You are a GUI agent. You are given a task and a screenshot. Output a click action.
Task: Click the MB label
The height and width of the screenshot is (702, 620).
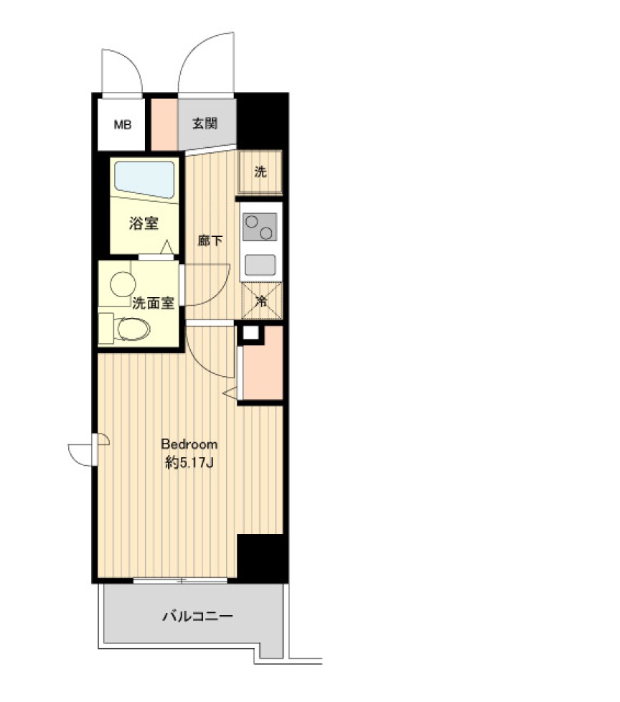pyautogui.click(x=122, y=124)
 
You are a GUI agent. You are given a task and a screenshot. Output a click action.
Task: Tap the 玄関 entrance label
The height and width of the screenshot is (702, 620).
pyautogui.click(x=205, y=123)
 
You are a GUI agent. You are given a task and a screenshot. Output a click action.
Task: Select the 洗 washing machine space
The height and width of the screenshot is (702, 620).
pyautogui.click(x=260, y=172)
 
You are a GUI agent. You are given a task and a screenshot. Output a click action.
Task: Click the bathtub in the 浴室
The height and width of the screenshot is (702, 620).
pyautogui.click(x=144, y=179)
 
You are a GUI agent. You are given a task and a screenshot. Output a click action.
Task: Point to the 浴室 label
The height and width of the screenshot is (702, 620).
pyautogui.click(x=144, y=223)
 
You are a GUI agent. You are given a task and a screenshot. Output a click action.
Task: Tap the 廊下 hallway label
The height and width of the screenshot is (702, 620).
pyautogui.click(x=210, y=241)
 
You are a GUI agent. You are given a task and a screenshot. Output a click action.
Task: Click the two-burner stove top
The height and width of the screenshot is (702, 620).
pyautogui.click(x=260, y=227)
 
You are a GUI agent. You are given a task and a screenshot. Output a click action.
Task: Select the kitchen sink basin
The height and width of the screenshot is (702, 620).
pyautogui.click(x=260, y=265)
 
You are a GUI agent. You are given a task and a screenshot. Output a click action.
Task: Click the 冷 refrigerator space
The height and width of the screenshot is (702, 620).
pyautogui.click(x=261, y=301)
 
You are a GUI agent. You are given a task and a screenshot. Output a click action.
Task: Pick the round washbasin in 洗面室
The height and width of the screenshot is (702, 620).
pyautogui.click(x=123, y=284)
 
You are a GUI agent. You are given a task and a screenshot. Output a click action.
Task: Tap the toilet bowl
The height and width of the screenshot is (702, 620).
pyautogui.click(x=133, y=329)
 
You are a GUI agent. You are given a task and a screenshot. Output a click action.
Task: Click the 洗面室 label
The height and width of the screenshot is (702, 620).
pyautogui.click(x=153, y=304)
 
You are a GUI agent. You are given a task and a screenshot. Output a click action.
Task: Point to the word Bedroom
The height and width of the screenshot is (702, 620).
pyautogui.click(x=189, y=444)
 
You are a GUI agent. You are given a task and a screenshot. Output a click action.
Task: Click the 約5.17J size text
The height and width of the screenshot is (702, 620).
pyautogui.click(x=189, y=462)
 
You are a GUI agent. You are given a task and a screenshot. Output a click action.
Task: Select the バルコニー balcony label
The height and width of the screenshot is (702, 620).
pyautogui.click(x=197, y=617)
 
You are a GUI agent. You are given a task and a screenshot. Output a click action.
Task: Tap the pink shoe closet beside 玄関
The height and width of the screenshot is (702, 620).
pyautogui.click(x=164, y=124)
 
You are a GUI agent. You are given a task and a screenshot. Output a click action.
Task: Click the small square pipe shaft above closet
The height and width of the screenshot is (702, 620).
pyautogui.click(x=250, y=333)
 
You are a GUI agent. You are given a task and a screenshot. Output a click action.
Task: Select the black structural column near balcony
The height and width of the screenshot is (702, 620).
pyautogui.click(x=263, y=558)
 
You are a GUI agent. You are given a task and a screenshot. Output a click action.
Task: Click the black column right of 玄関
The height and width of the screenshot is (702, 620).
pyautogui.click(x=263, y=121)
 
